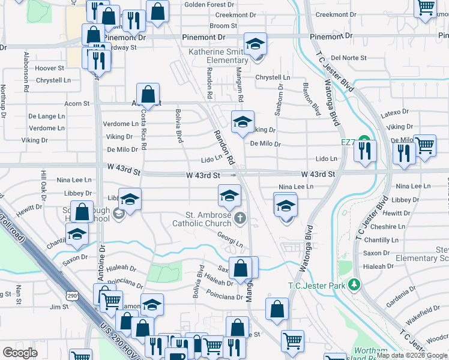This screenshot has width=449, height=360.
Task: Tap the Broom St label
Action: (223, 26)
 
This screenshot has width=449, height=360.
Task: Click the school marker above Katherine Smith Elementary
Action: (255, 44)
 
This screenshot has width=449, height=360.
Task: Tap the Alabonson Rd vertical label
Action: (26, 72)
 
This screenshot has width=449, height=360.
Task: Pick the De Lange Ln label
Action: (46, 116)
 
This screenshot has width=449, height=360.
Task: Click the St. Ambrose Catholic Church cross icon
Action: (241, 218)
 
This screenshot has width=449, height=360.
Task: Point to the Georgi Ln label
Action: (230, 240)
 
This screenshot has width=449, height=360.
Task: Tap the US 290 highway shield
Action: (71, 297)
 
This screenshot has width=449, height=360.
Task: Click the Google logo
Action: (20, 352)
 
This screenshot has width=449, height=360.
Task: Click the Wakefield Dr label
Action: (423, 311)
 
